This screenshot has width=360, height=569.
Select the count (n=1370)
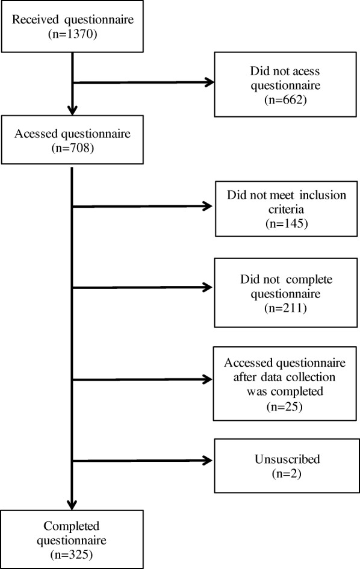72,35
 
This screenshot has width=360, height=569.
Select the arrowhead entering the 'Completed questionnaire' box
72,505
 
